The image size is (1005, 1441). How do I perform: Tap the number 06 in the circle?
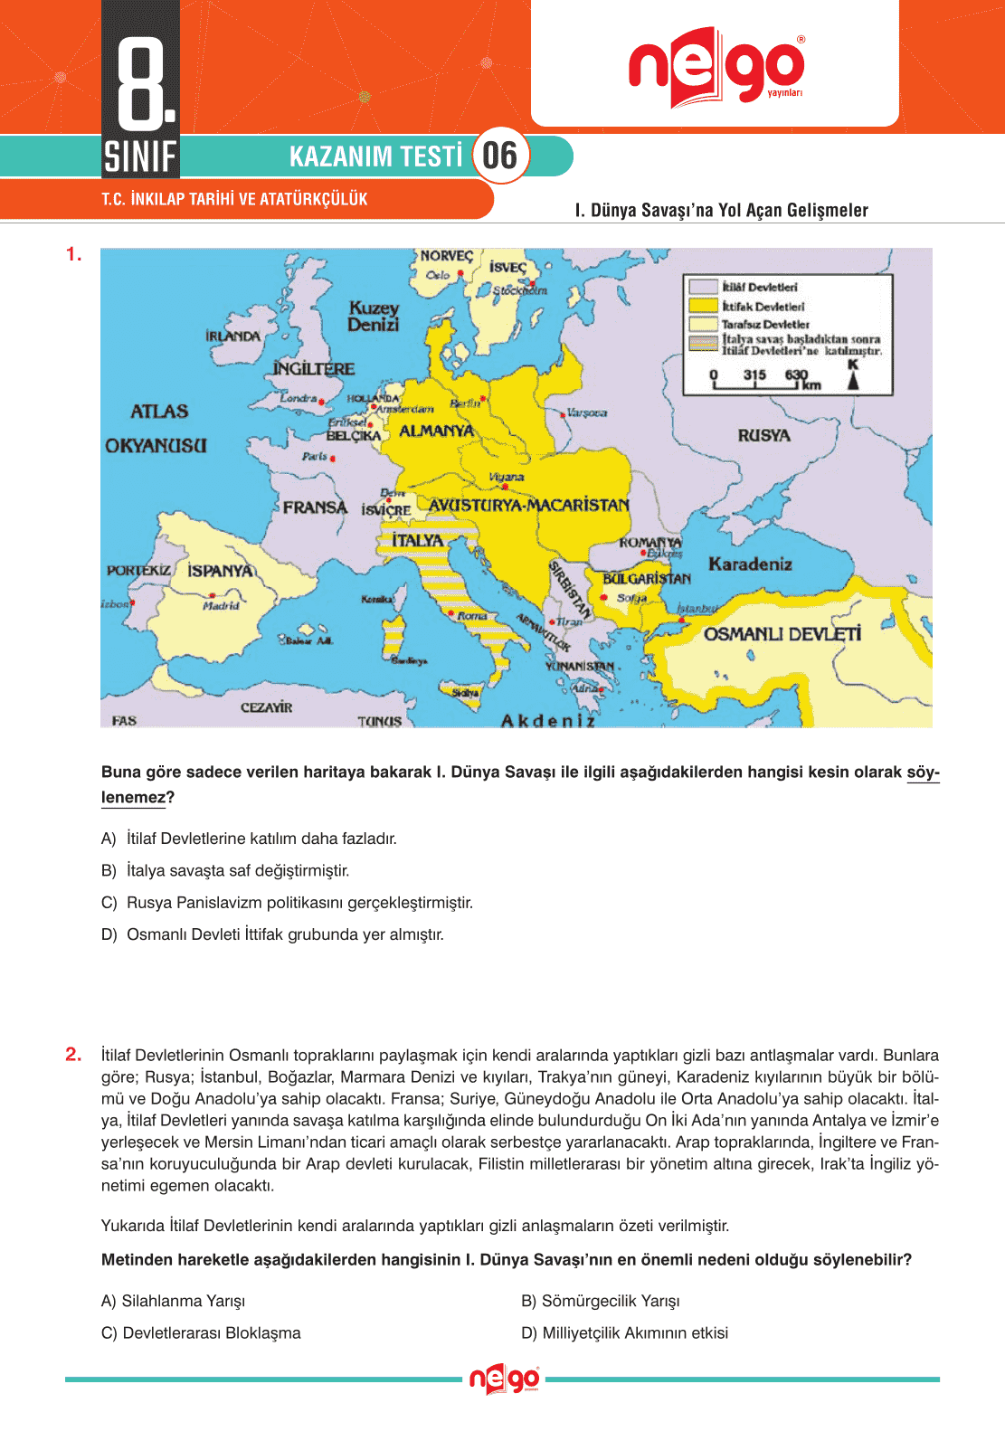(499, 156)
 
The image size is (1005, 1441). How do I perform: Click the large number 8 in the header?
(141, 82)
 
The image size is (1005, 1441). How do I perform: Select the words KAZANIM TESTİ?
(375, 156)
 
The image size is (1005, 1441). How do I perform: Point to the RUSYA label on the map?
(763, 435)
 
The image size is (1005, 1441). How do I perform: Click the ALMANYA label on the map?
(436, 431)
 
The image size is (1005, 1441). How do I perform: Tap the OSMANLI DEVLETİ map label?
(782, 634)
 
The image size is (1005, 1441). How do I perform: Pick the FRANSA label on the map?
(315, 507)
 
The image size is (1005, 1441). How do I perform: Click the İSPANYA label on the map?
(220, 571)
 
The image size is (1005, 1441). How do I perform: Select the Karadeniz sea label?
(750, 564)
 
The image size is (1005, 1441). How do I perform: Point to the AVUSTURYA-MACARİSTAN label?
(528, 505)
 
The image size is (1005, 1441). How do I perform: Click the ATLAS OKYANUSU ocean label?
(157, 428)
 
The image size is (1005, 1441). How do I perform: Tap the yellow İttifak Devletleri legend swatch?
(703, 306)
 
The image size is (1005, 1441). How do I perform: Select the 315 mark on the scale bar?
(754, 374)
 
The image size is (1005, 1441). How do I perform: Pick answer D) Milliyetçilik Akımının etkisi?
(625, 1332)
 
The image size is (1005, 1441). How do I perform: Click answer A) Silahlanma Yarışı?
(174, 1301)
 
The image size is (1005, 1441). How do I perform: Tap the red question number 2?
(73, 1054)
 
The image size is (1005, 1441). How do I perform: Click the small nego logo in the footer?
(504, 1379)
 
